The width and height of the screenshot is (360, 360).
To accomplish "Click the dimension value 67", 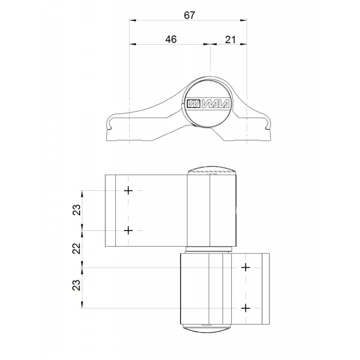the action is click(x=190, y=15).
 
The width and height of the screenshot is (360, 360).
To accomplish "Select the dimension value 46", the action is click(x=171, y=39).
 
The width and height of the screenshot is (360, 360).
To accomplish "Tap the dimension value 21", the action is click(x=230, y=40).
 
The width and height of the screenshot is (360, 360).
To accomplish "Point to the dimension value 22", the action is click(x=77, y=248).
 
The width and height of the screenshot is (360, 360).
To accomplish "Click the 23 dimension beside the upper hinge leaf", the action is click(x=77, y=210).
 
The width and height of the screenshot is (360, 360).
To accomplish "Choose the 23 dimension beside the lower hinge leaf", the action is click(x=77, y=285).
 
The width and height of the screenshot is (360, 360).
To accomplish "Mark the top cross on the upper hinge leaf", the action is click(x=128, y=191).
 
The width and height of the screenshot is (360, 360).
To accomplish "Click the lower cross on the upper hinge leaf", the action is click(x=128, y=230).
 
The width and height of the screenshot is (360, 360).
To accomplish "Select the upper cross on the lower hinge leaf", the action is click(x=246, y=268).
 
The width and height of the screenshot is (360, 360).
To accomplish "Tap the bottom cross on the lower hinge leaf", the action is click(x=246, y=308).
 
